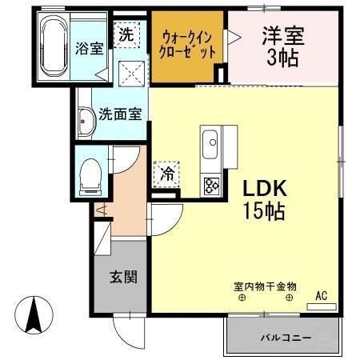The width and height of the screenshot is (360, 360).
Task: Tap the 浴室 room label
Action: [x=90, y=47]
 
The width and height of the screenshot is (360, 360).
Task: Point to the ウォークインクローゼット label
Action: [x=189, y=45]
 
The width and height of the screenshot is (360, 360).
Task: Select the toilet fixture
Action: [x=90, y=175]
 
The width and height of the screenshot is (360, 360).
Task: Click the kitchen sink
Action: [x=211, y=144]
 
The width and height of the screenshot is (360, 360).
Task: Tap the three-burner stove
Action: [x=212, y=186]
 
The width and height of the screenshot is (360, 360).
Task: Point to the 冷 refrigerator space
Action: [x=167, y=172]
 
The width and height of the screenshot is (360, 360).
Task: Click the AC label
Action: [x=321, y=295]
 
